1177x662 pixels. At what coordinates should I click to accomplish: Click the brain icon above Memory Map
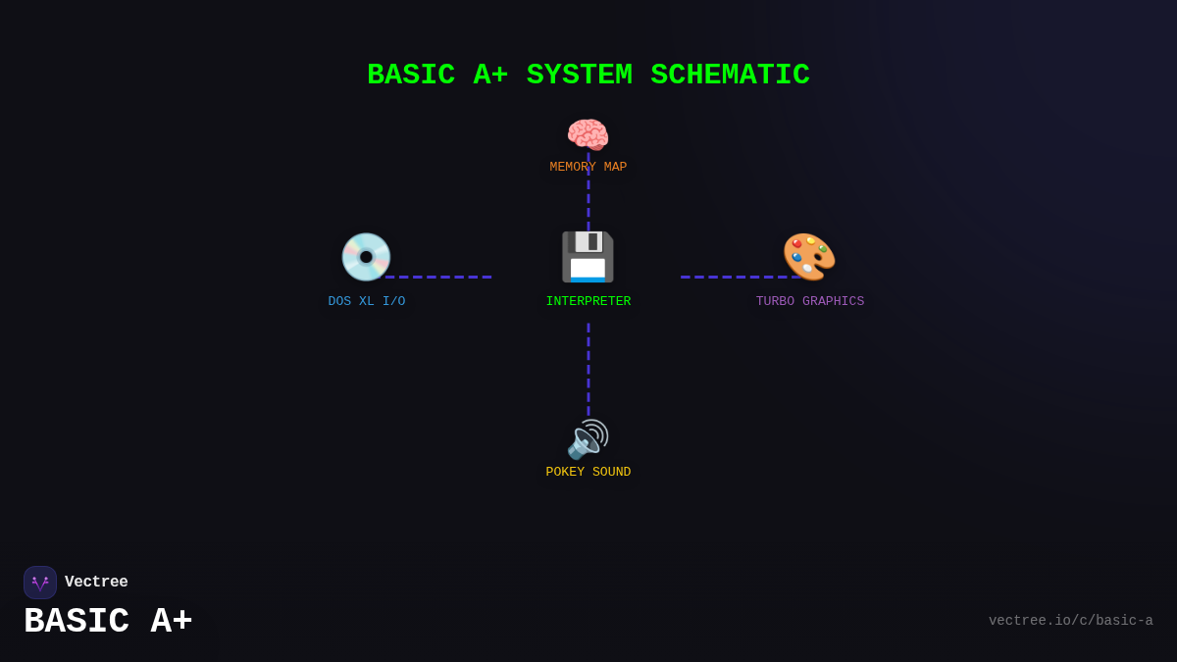click(588, 135)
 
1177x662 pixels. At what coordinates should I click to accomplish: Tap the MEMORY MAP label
click(588, 168)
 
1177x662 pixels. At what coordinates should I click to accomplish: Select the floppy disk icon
click(588, 257)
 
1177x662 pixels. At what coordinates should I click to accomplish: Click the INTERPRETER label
click(588, 302)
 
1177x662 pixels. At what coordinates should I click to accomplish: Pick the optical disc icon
click(366, 257)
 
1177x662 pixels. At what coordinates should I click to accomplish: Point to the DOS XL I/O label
click(366, 302)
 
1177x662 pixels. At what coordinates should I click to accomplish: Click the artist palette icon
click(809, 257)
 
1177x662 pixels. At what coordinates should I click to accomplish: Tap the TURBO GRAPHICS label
click(809, 302)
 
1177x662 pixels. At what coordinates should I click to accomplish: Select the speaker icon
click(588, 439)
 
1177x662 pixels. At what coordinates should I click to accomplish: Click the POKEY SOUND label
click(588, 473)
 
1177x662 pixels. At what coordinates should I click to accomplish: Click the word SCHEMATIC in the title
click(730, 76)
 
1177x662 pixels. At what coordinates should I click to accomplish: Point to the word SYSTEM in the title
click(579, 76)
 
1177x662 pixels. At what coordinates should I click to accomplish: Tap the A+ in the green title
click(490, 76)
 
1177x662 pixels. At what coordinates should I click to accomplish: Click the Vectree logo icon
click(40, 583)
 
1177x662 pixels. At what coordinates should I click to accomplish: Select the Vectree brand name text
click(96, 583)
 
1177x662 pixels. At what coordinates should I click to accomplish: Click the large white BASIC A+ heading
click(108, 622)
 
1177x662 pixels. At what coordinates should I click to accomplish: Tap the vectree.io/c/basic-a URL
click(1070, 621)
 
